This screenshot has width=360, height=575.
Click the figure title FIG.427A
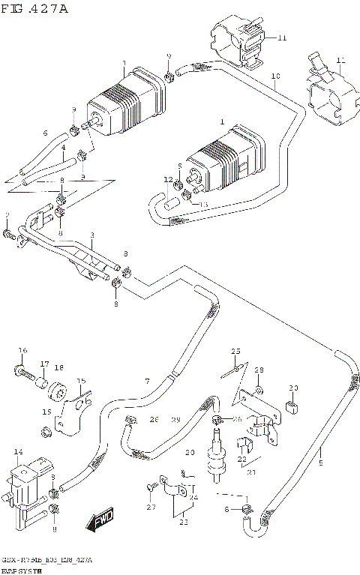point(34,8)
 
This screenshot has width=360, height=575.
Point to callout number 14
point(19,451)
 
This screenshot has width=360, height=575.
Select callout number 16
point(22,350)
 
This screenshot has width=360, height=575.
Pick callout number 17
point(44,364)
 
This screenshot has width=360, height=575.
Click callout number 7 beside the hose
point(147,382)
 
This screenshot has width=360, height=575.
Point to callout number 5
point(321,451)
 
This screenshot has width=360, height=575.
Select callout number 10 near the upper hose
point(275,76)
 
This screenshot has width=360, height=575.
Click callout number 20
point(190,452)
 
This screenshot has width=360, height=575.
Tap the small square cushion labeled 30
point(294,409)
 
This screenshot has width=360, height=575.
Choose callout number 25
point(235,351)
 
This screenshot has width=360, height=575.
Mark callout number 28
point(259,370)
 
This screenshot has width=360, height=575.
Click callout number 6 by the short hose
point(44,133)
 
